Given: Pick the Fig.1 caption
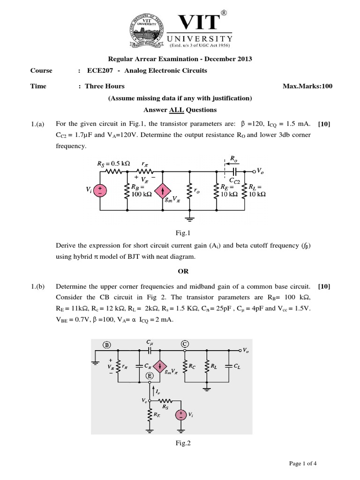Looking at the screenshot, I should (x=181, y=233).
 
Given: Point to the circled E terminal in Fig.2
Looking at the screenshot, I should (x=149, y=375).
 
